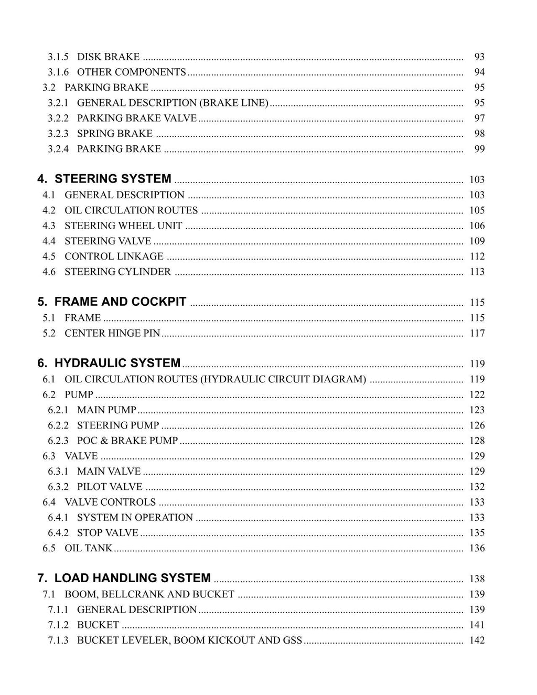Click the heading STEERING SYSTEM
click(113, 179)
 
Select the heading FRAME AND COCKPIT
click(120, 302)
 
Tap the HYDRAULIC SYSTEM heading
click(117, 363)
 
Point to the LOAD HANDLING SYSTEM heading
click(132, 578)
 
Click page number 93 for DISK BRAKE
click(479, 57)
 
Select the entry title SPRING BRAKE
click(115, 133)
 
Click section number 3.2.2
click(58, 118)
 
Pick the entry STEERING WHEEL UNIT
click(123, 226)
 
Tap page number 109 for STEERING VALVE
click(477, 241)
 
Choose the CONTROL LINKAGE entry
click(114, 256)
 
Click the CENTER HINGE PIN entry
click(112, 333)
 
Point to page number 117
click(477, 333)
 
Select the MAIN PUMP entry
click(106, 410)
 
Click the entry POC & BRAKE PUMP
click(127, 441)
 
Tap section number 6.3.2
click(58, 487)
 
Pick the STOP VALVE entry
click(108, 533)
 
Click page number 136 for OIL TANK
click(477, 548)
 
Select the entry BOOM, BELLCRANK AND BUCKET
click(149, 594)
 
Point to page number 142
click(477, 640)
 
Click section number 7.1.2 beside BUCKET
click(58, 625)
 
